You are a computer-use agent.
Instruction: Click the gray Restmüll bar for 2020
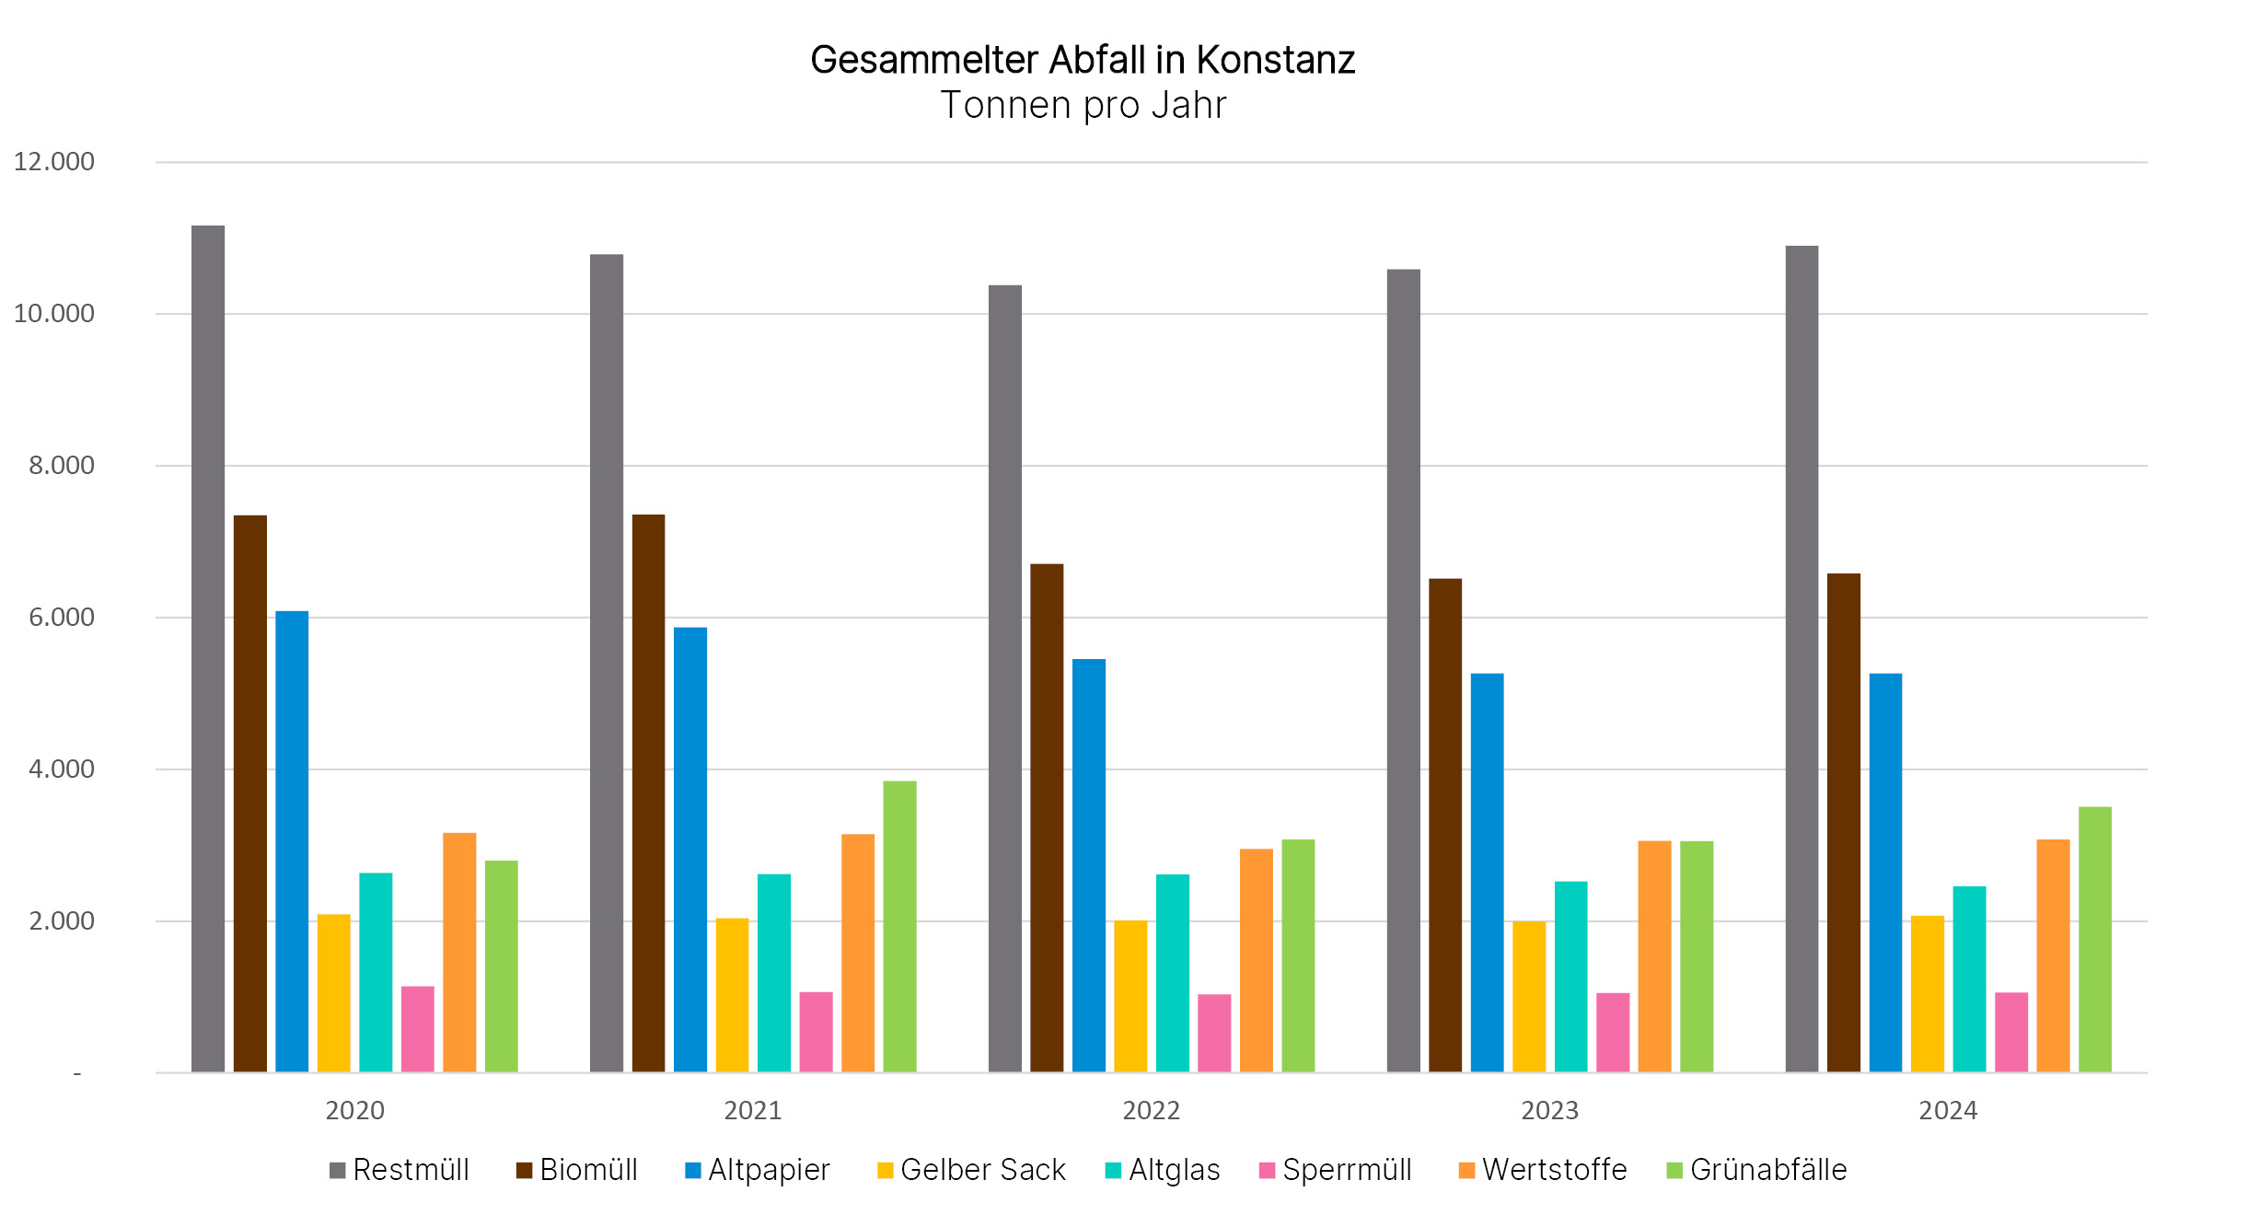click(208, 648)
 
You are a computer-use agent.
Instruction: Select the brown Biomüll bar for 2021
click(648, 793)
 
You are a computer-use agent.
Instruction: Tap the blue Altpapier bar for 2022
click(1088, 865)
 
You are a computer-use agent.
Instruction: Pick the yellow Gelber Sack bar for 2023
click(1529, 996)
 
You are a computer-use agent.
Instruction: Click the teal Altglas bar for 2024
click(1969, 978)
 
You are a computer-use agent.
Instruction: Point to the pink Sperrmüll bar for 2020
click(417, 1029)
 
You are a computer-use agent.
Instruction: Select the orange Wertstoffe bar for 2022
click(1256, 960)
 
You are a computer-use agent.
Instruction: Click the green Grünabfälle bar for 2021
click(899, 926)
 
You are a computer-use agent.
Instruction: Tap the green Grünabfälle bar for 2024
click(2095, 939)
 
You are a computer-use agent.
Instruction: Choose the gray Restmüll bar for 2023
click(1403, 670)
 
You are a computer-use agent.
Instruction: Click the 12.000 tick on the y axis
click(54, 162)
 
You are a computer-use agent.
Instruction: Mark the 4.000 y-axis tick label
click(62, 769)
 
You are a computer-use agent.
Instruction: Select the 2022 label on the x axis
click(1151, 1111)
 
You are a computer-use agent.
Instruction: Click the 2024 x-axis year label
click(1948, 1111)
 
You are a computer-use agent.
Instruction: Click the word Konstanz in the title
click(1275, 61)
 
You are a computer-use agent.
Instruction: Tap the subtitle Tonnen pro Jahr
click(1083, 106)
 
